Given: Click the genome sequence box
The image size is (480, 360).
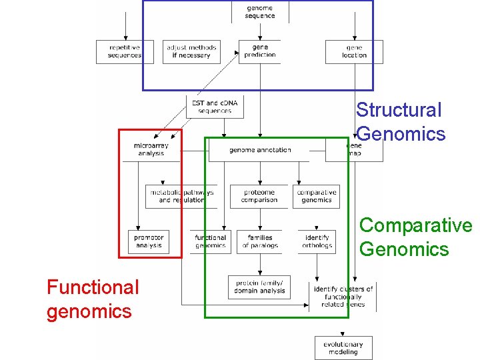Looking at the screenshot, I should tap(259, 12).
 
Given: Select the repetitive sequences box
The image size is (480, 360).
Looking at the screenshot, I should tap(125, 52).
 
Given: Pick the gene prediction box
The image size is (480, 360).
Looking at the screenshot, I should tap(260, 52).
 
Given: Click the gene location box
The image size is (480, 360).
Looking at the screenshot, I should tap(354, 52).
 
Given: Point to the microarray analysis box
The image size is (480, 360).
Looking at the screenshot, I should tap(151, 149).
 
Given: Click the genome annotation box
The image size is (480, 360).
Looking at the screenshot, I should tap(260, 150).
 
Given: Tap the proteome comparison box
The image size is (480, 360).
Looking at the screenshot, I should tap(259, 196).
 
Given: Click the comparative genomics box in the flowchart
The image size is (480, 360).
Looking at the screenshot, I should tap(316, 196).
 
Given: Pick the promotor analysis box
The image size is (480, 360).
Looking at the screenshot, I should tap(149, 241).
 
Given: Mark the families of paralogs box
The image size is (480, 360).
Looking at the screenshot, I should tap(259, 241).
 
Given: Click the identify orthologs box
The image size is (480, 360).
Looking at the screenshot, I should tap(317, 241).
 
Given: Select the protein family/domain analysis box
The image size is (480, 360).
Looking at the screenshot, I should tap(259, 287).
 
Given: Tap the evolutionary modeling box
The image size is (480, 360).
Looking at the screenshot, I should tap(343, 348).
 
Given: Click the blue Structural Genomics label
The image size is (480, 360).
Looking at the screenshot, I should tap(400, 122).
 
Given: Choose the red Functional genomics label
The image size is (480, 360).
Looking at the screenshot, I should tap(93, 299).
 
